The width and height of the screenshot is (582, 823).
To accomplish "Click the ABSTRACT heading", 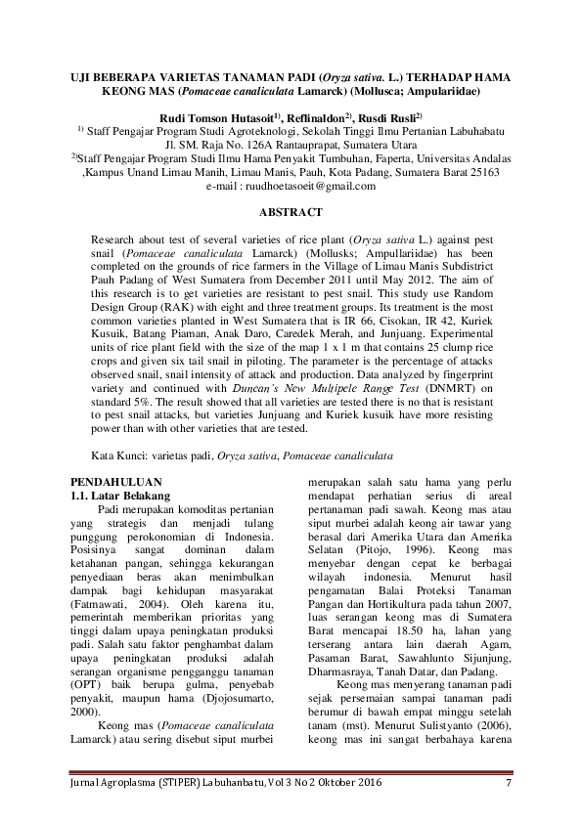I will click(x=291, y=210).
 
